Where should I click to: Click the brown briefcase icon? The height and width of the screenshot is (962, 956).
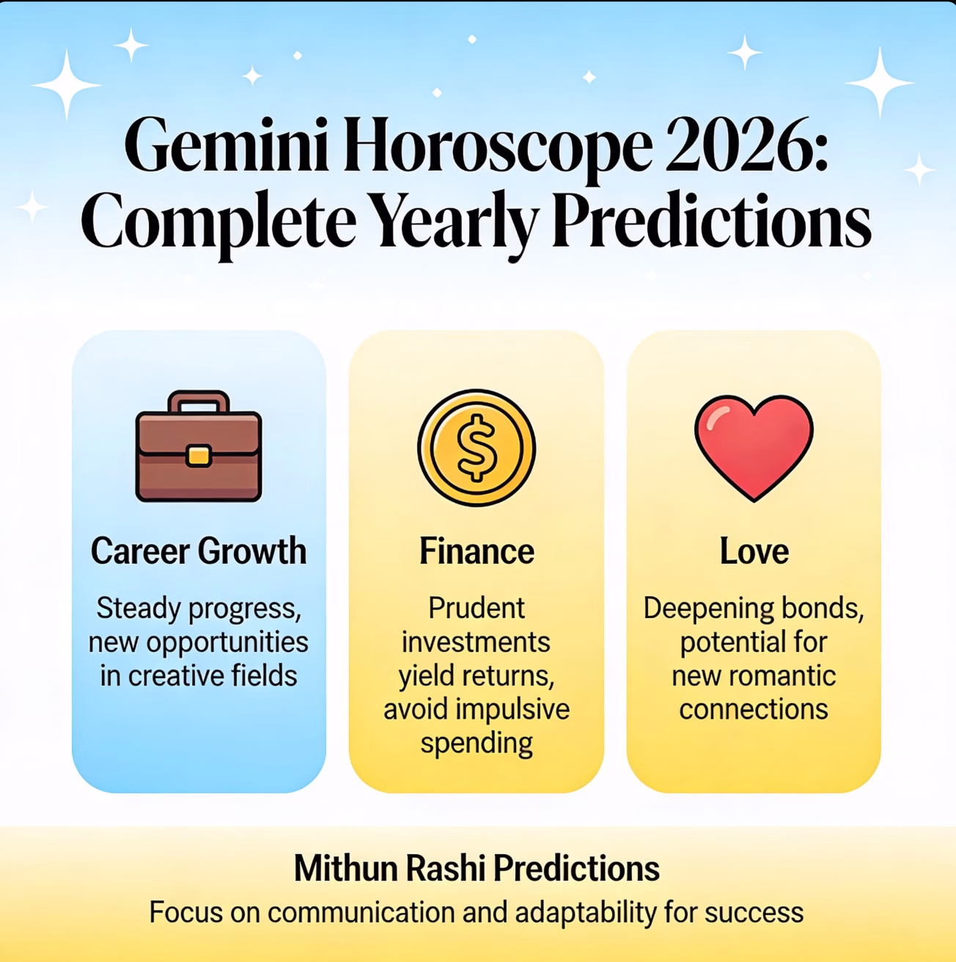(199, 446)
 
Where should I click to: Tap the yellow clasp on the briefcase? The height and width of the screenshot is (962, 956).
(198, 456)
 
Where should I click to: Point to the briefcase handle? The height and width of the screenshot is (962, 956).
(199, 401)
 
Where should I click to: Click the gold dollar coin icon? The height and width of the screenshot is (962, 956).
(477, 448)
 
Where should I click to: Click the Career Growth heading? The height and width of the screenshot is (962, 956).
(199, 551)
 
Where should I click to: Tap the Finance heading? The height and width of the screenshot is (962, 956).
(477, 551)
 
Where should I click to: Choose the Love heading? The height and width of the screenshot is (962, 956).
(754, 551)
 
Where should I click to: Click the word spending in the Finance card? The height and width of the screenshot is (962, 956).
(477, 743)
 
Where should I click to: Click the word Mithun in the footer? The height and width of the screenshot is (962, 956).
(345, 868)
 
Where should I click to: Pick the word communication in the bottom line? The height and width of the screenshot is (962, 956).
(361, 912)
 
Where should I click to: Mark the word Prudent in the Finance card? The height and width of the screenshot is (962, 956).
(477, 609)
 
